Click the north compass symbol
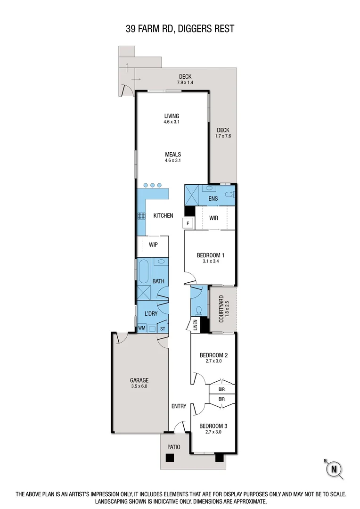click(334, 468)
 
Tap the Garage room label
click(139, 380)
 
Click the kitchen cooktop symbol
click(141, 216)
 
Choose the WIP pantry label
click(153, 245)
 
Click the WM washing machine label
click(141, 328)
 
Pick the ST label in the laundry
click(163, 328)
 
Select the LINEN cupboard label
click(195, 325)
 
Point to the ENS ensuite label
click(213, 198)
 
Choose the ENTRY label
click(179, 406)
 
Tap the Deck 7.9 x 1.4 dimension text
click(185, 82)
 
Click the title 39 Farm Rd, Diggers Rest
click(180, 29)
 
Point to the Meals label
click(173, 154)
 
